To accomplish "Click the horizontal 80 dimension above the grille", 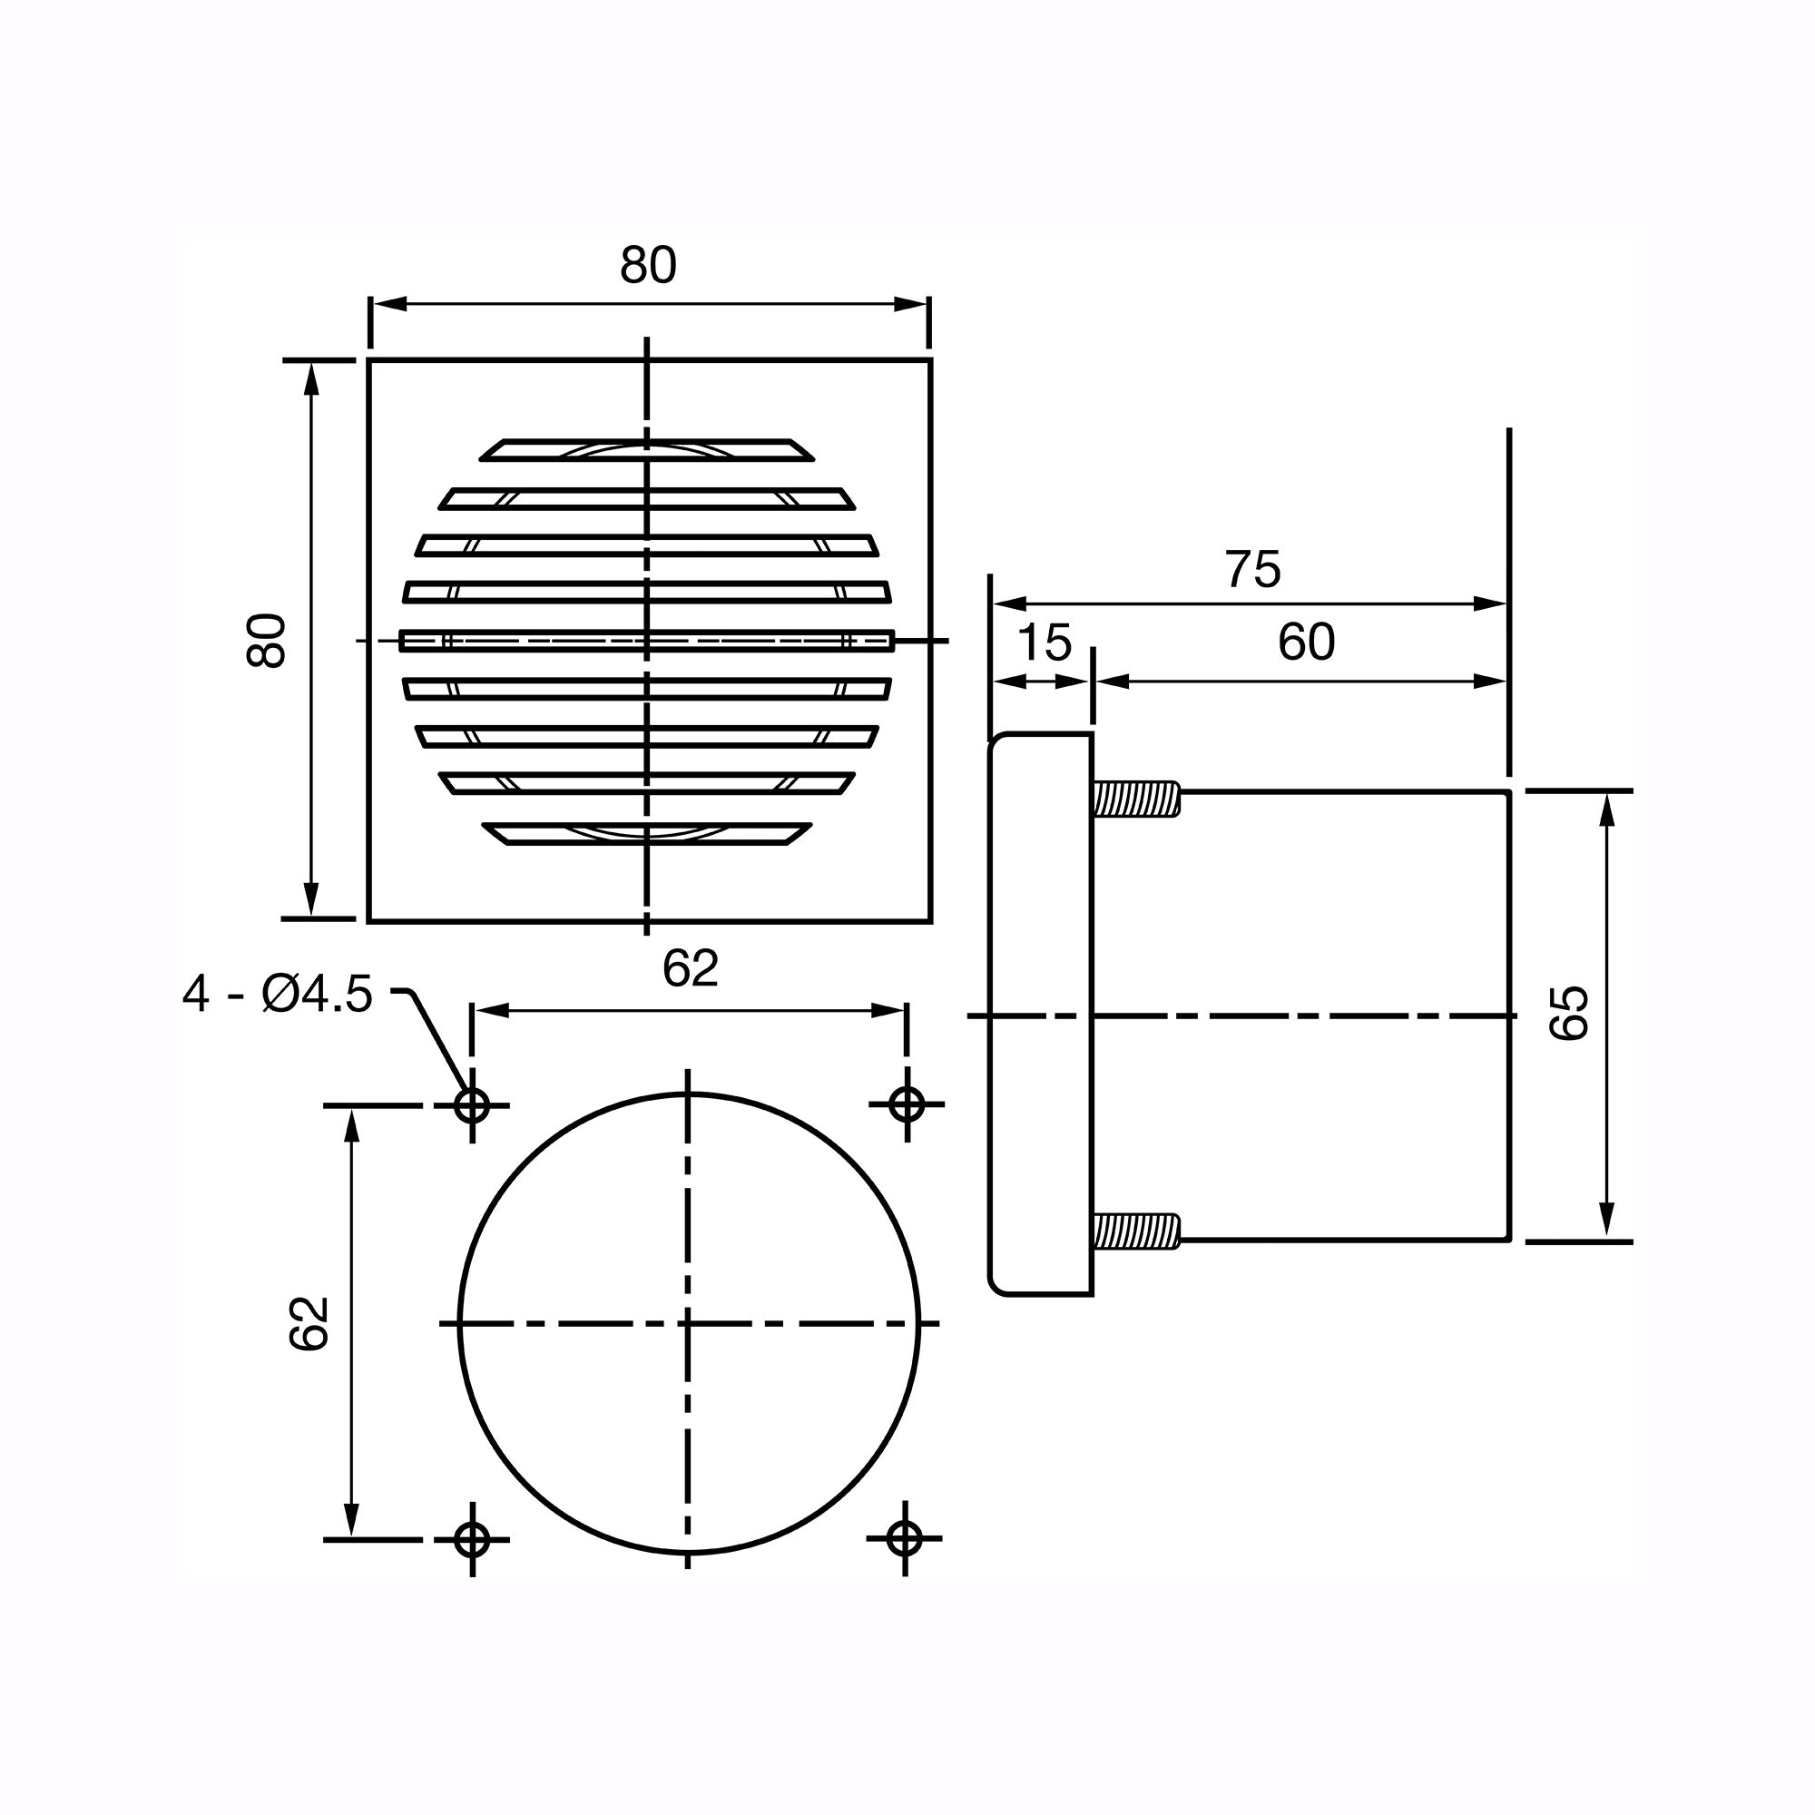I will tap(647, 266).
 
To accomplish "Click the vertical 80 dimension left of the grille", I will tap(266, 641).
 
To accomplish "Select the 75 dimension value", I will tap(1252, 569).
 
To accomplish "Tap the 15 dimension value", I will tap(1044, 643).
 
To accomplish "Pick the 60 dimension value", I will tap(1306, 643).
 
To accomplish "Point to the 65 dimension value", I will tap(1568, 1013).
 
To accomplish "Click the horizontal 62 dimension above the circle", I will tap(690, 968).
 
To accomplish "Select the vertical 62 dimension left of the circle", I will tap(309, 1324).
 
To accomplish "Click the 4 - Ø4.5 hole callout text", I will tap(278, 995).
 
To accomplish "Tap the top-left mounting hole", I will tap(472, 1105).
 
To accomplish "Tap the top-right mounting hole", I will tap(907, 1105).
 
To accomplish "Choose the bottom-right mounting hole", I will tap(904, 1539).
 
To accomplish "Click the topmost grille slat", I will tap(646, 450).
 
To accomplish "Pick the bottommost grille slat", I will tap(646, 833).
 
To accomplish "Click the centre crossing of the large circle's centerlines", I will tap(689, 1324).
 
